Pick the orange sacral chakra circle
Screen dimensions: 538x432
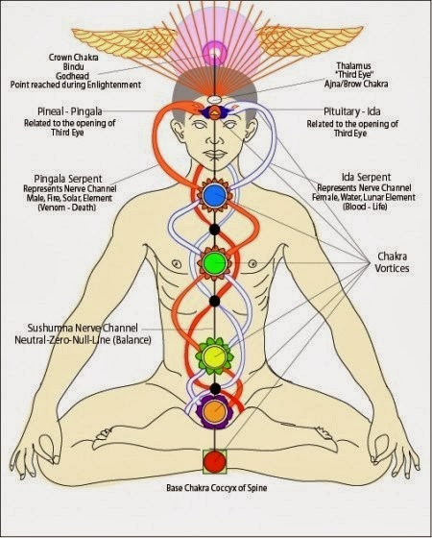(x=214, y=414)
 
